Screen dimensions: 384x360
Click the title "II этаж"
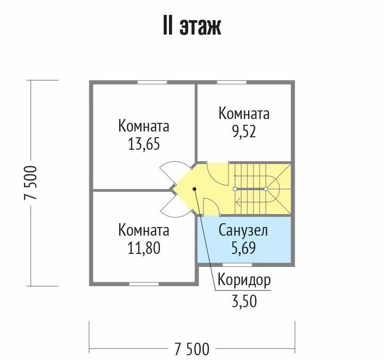pyautogui.click(x=192, y=26)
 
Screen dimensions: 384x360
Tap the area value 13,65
pyautogui.click(x=144, y=144)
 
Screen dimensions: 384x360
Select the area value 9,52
pyautogui.click(x=244, y=132)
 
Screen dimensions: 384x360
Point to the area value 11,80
pyautogui.click(x=144, y=248)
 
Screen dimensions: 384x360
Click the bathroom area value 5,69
pyautogui.click(x=243, y=248)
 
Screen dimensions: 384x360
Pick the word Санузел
pyautogui.click(x=243, y=230)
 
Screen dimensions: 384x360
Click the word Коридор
pyautogui.click(x=244, y=280)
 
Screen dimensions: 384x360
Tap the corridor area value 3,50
pyautogui.click(x=244, y=301)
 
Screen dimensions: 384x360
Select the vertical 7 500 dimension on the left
pyautogui.click(x=31, y=183)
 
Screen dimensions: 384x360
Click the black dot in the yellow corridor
pyautogui.click(x=194, y=189)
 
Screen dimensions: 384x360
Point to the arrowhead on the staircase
pyautogui.click(x=238, y=203)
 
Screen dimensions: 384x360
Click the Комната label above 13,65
pyautogui.click(x=144, y=126)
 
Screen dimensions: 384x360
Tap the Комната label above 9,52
pyautogui.click(x=244, y=114)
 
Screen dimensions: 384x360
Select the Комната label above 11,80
pyautogui.click(x=144, y=230)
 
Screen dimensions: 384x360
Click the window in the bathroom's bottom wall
pyautogui.click(x=237, y=265)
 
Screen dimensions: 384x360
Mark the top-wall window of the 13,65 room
pyautogui.click(x=152, y=82)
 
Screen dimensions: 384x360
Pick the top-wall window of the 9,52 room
pyautogui.click(x=232, y=82)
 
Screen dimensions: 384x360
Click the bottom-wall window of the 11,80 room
pyautogui.click(x=144, y=284)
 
